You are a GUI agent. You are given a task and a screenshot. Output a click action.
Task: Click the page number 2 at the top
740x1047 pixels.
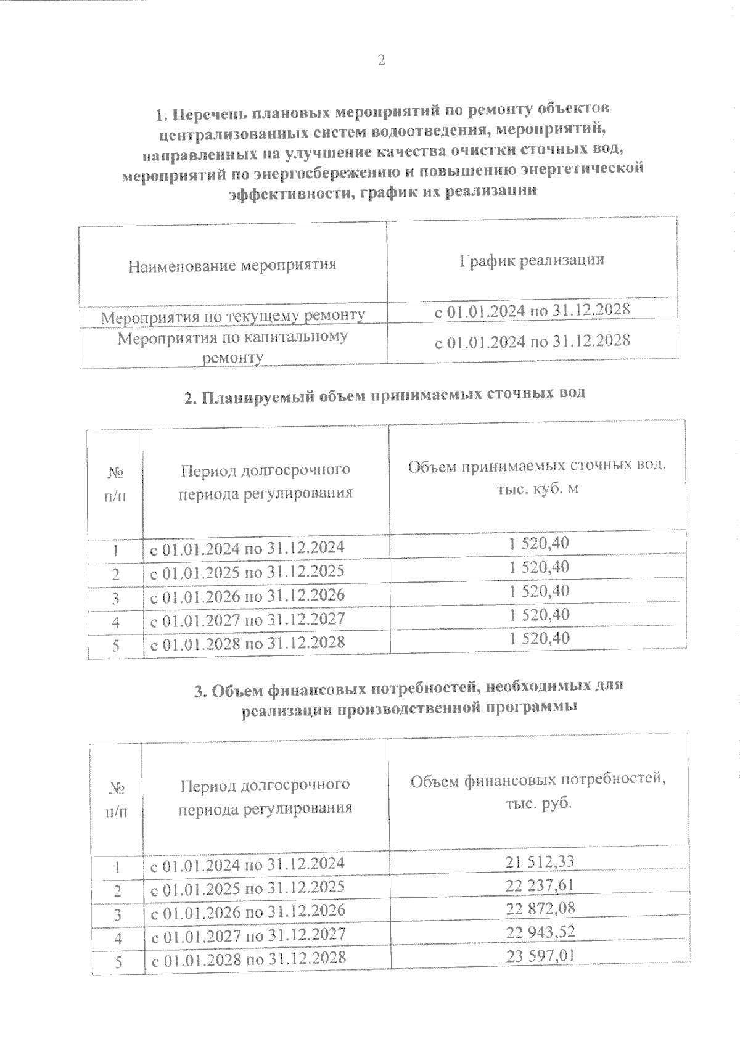pyautogui.click(x=380, y=60)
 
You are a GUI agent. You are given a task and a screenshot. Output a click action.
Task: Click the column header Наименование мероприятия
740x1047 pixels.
pyautogui.click(x=232, y=266)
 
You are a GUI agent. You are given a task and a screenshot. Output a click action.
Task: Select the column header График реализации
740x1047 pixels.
pyautogui.click(x=532, y=260)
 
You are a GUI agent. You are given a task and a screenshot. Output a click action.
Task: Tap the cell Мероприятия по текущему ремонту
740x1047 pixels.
pyautogui.click(x=232, y=316)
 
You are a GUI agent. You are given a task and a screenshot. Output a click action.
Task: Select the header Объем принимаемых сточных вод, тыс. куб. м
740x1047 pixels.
pyautogui.click(x=537, y=477)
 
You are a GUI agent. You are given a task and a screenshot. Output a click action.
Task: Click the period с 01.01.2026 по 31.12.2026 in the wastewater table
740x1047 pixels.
pyautogui.click(x=247, y=595)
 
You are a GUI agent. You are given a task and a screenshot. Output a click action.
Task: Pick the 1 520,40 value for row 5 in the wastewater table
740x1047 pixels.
pyautogui.click(x=539, y=638)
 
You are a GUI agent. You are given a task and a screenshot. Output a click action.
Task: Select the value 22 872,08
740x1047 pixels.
pyautogui.click(x=540, y=909)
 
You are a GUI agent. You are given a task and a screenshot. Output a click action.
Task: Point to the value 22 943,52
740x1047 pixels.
pyautogui.click(x=540, y=932)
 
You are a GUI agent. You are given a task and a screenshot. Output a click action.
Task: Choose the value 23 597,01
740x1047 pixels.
pyautogui.click(x=540, y=956)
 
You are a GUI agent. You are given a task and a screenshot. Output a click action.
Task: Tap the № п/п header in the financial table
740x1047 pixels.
pyautogui.click(x=116, y=800)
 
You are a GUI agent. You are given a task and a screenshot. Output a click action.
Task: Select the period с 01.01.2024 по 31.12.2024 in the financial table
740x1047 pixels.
pyautogui.click(x=247, y=864)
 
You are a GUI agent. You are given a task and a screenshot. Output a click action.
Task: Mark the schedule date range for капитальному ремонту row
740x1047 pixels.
pyautogui.click(x=532, y=340)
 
